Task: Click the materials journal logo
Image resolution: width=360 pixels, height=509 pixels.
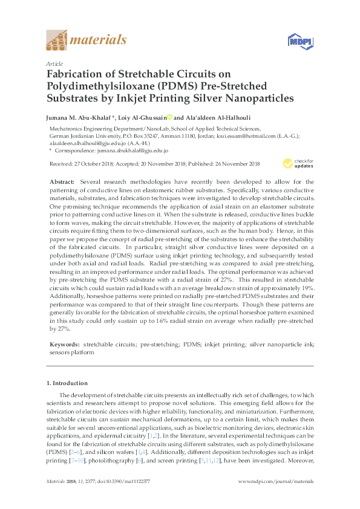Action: click(x=87, y=41)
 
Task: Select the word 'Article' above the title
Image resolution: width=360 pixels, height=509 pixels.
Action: click(x=54, y=63)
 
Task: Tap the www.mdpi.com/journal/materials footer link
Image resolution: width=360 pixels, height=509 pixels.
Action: click(x=276, y=481)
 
